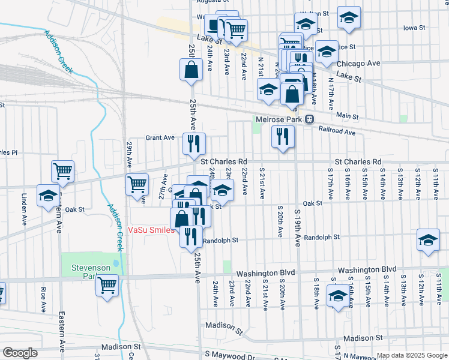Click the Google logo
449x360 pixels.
click(20, 353)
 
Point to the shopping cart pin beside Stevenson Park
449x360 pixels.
click(107, 286)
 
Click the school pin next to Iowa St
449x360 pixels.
click(349, 19)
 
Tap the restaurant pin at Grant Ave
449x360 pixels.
click(193, 144)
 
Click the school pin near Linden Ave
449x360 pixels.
click(48, 196)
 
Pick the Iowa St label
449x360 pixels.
click(414, 28)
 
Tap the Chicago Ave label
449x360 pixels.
click(358, 64)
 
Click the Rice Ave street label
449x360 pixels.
click(44, 300)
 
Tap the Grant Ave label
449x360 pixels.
click(160, 137)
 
